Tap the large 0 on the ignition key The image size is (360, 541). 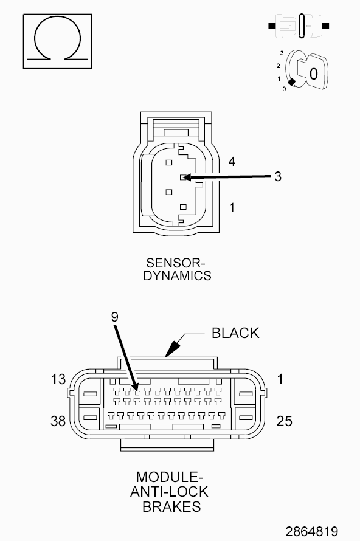click(313, 74)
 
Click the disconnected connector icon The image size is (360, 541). click(299, 26)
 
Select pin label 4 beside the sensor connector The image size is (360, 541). click(232, 161)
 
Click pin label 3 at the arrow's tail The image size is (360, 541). click(278, 176)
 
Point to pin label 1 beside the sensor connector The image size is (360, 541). click(232, 208)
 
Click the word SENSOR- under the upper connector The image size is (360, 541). click(175, 263)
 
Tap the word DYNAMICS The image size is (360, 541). click(177, 276)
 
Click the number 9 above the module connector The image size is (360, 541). click(115, 317)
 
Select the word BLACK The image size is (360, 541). click(235, 333)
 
